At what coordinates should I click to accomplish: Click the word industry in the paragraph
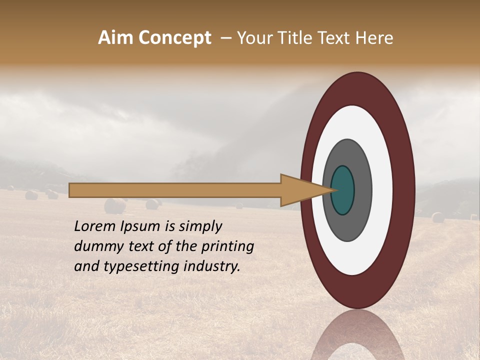coord(212,266)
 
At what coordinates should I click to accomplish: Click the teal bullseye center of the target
coord(343,190)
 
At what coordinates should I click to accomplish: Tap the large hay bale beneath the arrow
coord(115,206)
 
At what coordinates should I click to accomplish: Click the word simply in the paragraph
coord(200,226)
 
